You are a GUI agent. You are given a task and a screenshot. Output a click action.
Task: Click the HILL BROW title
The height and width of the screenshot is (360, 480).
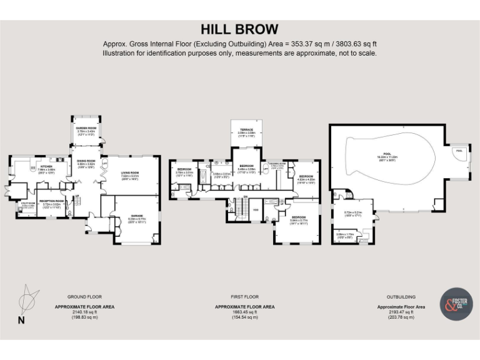tap(239, 29)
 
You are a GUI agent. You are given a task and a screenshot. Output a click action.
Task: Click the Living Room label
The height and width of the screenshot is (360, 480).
tap(129, 174)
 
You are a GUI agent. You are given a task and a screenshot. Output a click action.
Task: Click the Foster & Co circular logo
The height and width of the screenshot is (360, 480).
tap(456, 304)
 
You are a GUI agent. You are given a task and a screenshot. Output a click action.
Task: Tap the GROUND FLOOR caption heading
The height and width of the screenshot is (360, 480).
tap(84, 297)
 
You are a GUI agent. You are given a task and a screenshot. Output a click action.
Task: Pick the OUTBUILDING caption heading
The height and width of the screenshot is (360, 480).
tap(401, 297)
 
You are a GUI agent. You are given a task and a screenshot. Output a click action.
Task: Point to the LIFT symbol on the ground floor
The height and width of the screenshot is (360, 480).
tap(104, 164)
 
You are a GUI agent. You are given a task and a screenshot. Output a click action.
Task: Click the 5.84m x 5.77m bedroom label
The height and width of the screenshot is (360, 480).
tap(299, 219)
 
